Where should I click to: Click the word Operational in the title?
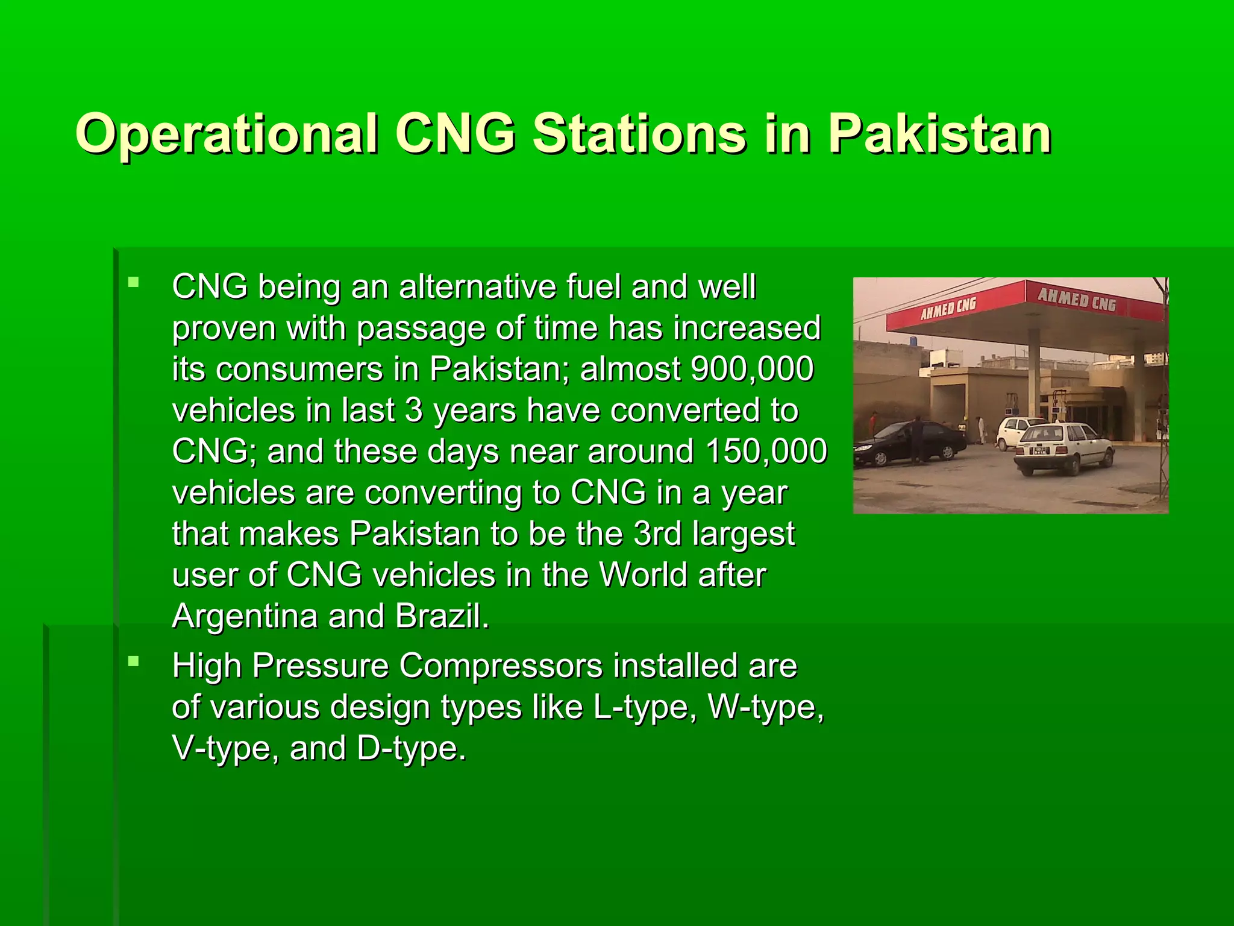point(227,134)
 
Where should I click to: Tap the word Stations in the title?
point(639,134)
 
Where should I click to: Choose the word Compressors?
point(500,666)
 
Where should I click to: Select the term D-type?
point(411,748)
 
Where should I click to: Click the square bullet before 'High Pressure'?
point(134,662)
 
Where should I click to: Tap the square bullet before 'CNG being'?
point(134,282)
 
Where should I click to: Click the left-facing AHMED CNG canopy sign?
point(948,308)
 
